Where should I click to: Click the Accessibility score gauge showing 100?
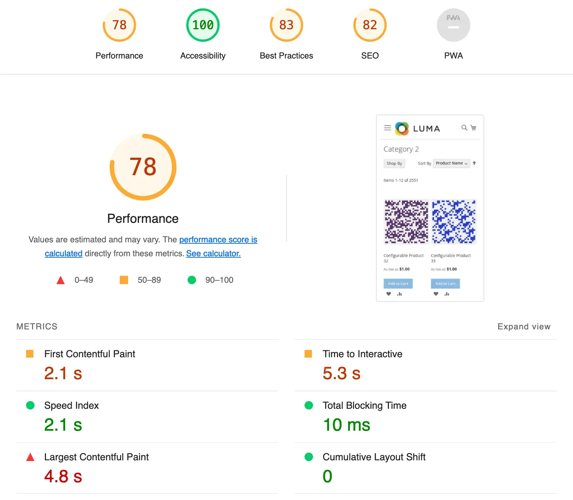203,25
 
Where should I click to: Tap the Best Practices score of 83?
286,25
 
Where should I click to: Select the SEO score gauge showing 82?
370,25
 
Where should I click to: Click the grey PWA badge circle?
453,25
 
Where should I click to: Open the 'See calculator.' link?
213,253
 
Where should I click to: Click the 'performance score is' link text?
218,240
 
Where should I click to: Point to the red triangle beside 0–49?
61,280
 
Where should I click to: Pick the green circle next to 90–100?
192,280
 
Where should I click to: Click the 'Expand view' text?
524,327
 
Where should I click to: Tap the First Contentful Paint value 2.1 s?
63,373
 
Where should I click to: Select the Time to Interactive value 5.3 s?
342,373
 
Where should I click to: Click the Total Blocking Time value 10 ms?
346,425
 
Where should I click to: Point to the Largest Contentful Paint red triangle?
30,457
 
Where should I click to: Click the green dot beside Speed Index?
30,405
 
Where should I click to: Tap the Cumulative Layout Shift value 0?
327,476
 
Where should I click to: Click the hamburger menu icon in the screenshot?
387,128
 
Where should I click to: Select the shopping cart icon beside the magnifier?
473,128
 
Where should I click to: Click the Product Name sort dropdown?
452,163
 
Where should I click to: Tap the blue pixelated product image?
454,221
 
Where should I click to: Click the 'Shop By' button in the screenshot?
394,163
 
